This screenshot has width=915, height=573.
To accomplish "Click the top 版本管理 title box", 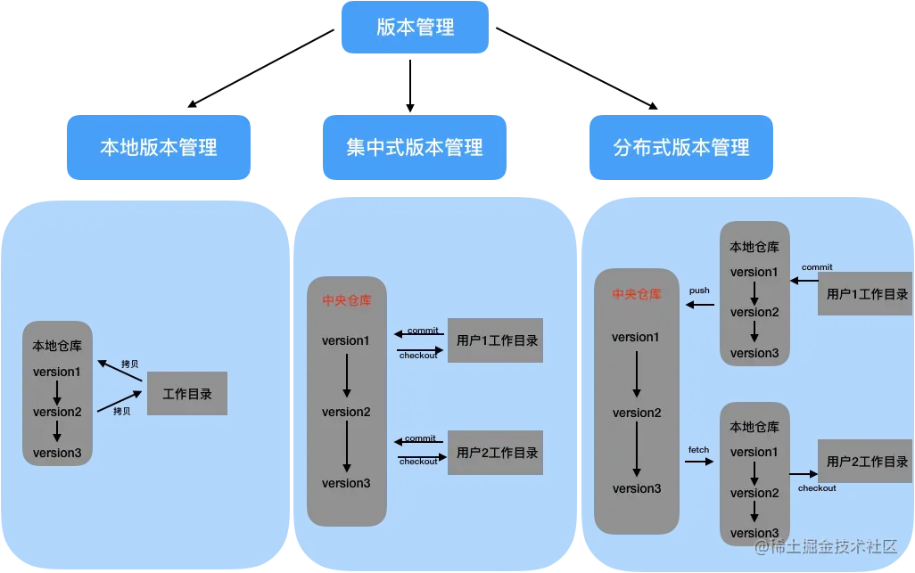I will pyautogui.click(x=415, y=28).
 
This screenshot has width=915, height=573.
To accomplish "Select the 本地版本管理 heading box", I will pyautogui.click(x=159, y=147).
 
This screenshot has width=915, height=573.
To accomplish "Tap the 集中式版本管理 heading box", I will pyautogui.click(x=415, y=147).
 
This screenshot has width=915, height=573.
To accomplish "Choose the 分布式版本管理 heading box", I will pyautogui.click(x=682, y=147).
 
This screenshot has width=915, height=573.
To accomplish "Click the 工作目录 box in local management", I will pyautogui.click(x=187, y=394).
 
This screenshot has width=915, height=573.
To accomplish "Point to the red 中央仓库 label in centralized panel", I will pyautogui.click(x=347, y=300).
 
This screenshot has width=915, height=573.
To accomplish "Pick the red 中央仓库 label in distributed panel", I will pyautogui.click(x=637, y=294).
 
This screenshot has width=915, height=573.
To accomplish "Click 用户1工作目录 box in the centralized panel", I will pyautogui.click(x=497, y=340).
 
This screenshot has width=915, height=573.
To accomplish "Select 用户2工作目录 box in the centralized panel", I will pyautogui.click(x=497, y=453).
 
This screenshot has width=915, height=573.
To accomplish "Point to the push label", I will pyautogui.click(x=699, y=291).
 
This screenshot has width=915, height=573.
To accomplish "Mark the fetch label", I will pyautogui.click(x=698, y=450).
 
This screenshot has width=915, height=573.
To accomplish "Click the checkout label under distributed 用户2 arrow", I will pyautogui.click(x=817, y=488).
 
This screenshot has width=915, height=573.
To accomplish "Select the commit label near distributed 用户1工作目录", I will pyautogui.click(x=817, y=267).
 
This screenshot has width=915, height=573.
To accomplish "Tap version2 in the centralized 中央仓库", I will pyautogui.click(x=346, y=412).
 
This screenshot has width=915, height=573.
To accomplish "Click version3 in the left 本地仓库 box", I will pyautogui.click(x=57, y=453).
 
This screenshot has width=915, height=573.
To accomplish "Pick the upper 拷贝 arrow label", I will pyautogui.click(x=129, y=364).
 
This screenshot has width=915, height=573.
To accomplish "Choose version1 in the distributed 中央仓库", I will pyautogui.click(x=636, y=337).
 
